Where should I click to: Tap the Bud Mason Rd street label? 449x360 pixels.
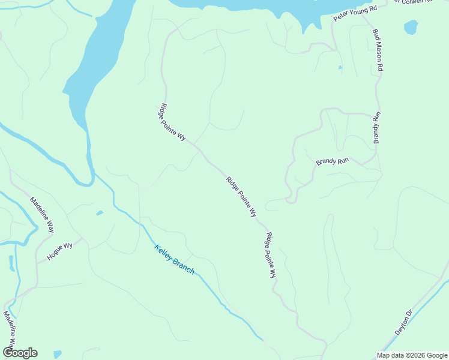click(x=378, y=50)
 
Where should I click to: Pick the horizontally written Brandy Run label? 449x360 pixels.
click(x=333, y=162)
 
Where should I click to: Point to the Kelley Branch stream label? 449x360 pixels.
click(x=174, y=260)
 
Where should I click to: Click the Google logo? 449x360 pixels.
click(x=20, y=353)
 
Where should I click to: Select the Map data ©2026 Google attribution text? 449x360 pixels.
click(x=412, y=355)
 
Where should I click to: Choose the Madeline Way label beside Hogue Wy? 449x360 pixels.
click(x=43, y=215)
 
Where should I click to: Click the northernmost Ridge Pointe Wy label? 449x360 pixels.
click(x=172, y=122)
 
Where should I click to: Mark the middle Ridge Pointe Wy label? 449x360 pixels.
click(x=241, y=196)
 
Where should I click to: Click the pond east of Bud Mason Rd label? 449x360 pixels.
click(x=411, y=27)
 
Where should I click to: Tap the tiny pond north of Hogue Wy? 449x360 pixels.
click(x=99, y=212)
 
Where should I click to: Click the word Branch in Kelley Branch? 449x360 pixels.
click(x=184, y=266)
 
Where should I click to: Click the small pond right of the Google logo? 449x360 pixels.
click(x=57, y=354)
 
